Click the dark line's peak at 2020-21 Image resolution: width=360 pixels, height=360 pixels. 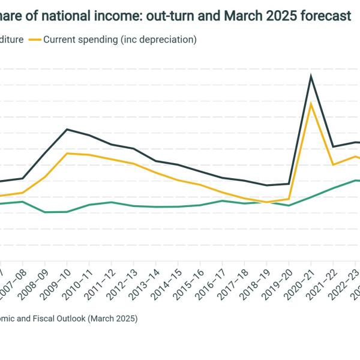311,76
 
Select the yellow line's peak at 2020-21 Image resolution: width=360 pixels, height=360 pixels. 311,104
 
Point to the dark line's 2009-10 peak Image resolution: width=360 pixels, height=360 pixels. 67,129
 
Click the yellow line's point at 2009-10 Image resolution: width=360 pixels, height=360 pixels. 67,153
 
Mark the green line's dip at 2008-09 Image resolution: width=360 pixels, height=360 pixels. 45,212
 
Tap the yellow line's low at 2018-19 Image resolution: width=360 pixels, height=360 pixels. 266,202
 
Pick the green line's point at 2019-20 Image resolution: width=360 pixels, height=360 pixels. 289,206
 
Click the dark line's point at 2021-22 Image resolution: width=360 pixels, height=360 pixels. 333,146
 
